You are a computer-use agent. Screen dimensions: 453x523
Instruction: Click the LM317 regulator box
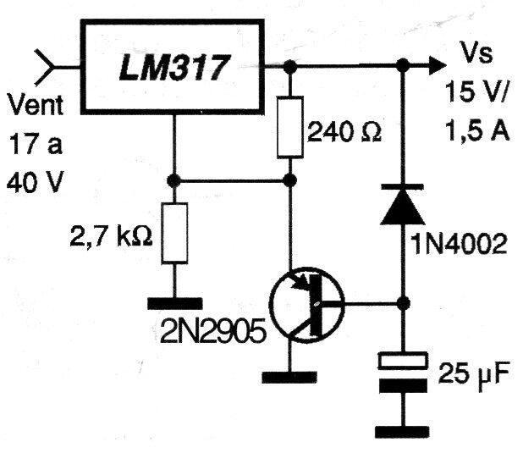tap(173, 65)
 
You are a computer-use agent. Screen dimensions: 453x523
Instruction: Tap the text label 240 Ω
tap(344, 132)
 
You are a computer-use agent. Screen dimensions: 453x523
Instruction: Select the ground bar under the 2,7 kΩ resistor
tap(174, 301)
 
